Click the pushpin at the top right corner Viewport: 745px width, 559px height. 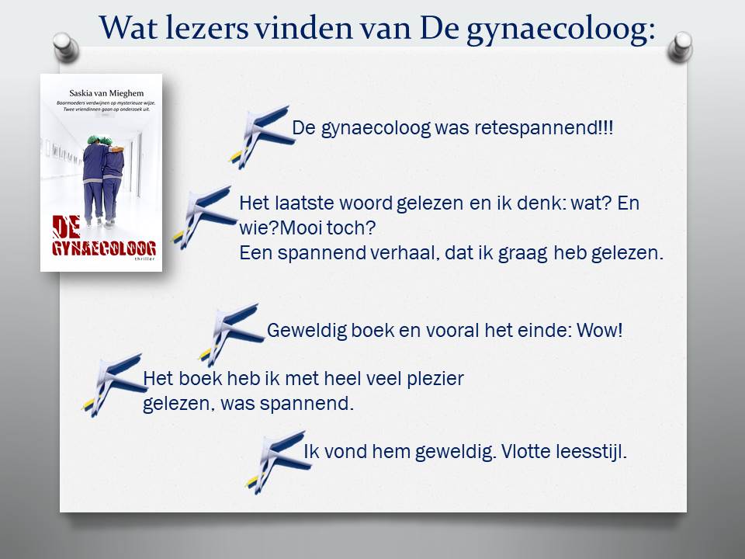click(680, 46)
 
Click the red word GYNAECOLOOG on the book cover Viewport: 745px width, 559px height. click(103, 248)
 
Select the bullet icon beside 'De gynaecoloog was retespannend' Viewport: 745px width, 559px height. click(259, 136)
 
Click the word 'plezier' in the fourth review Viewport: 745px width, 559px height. click(434, 380)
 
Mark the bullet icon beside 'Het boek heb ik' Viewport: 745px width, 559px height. click(113, 384)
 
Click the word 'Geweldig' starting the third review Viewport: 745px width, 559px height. click(302, 331)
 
